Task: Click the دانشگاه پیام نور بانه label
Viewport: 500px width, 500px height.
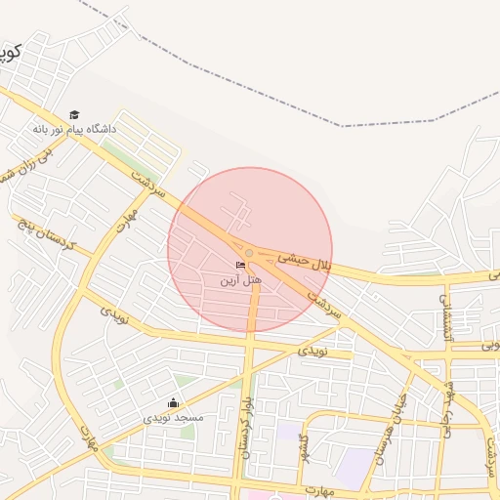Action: (x=74, y=129)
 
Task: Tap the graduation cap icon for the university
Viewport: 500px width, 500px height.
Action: (x=74, y=115)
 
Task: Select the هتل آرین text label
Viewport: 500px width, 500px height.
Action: (x=240, y=280)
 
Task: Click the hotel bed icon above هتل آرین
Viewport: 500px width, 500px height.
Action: (x=240, y=266)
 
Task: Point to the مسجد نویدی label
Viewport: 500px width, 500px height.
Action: (x=174, y=417)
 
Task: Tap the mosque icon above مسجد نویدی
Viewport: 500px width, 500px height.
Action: (x=174, y=402)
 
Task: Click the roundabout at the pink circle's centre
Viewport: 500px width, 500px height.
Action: (x=250, y=253)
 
